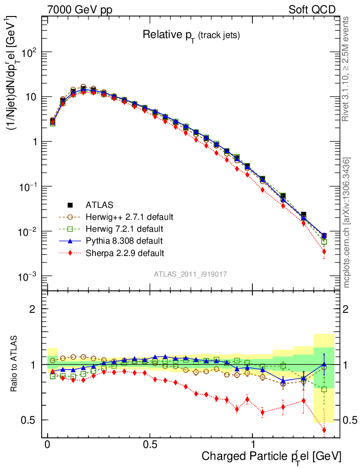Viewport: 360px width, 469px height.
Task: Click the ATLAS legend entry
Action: (99, 204)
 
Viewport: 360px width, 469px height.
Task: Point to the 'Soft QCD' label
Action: (312, 10)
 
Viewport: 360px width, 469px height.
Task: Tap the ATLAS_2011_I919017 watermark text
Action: (191, 273)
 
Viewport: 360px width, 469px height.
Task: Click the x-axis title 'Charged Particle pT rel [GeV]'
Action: (271, 456)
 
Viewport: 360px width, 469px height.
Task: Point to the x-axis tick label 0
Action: (47, 445)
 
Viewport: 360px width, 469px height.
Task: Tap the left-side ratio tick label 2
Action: (33, 309)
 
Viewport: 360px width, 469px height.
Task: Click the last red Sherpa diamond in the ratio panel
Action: (324, 430)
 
